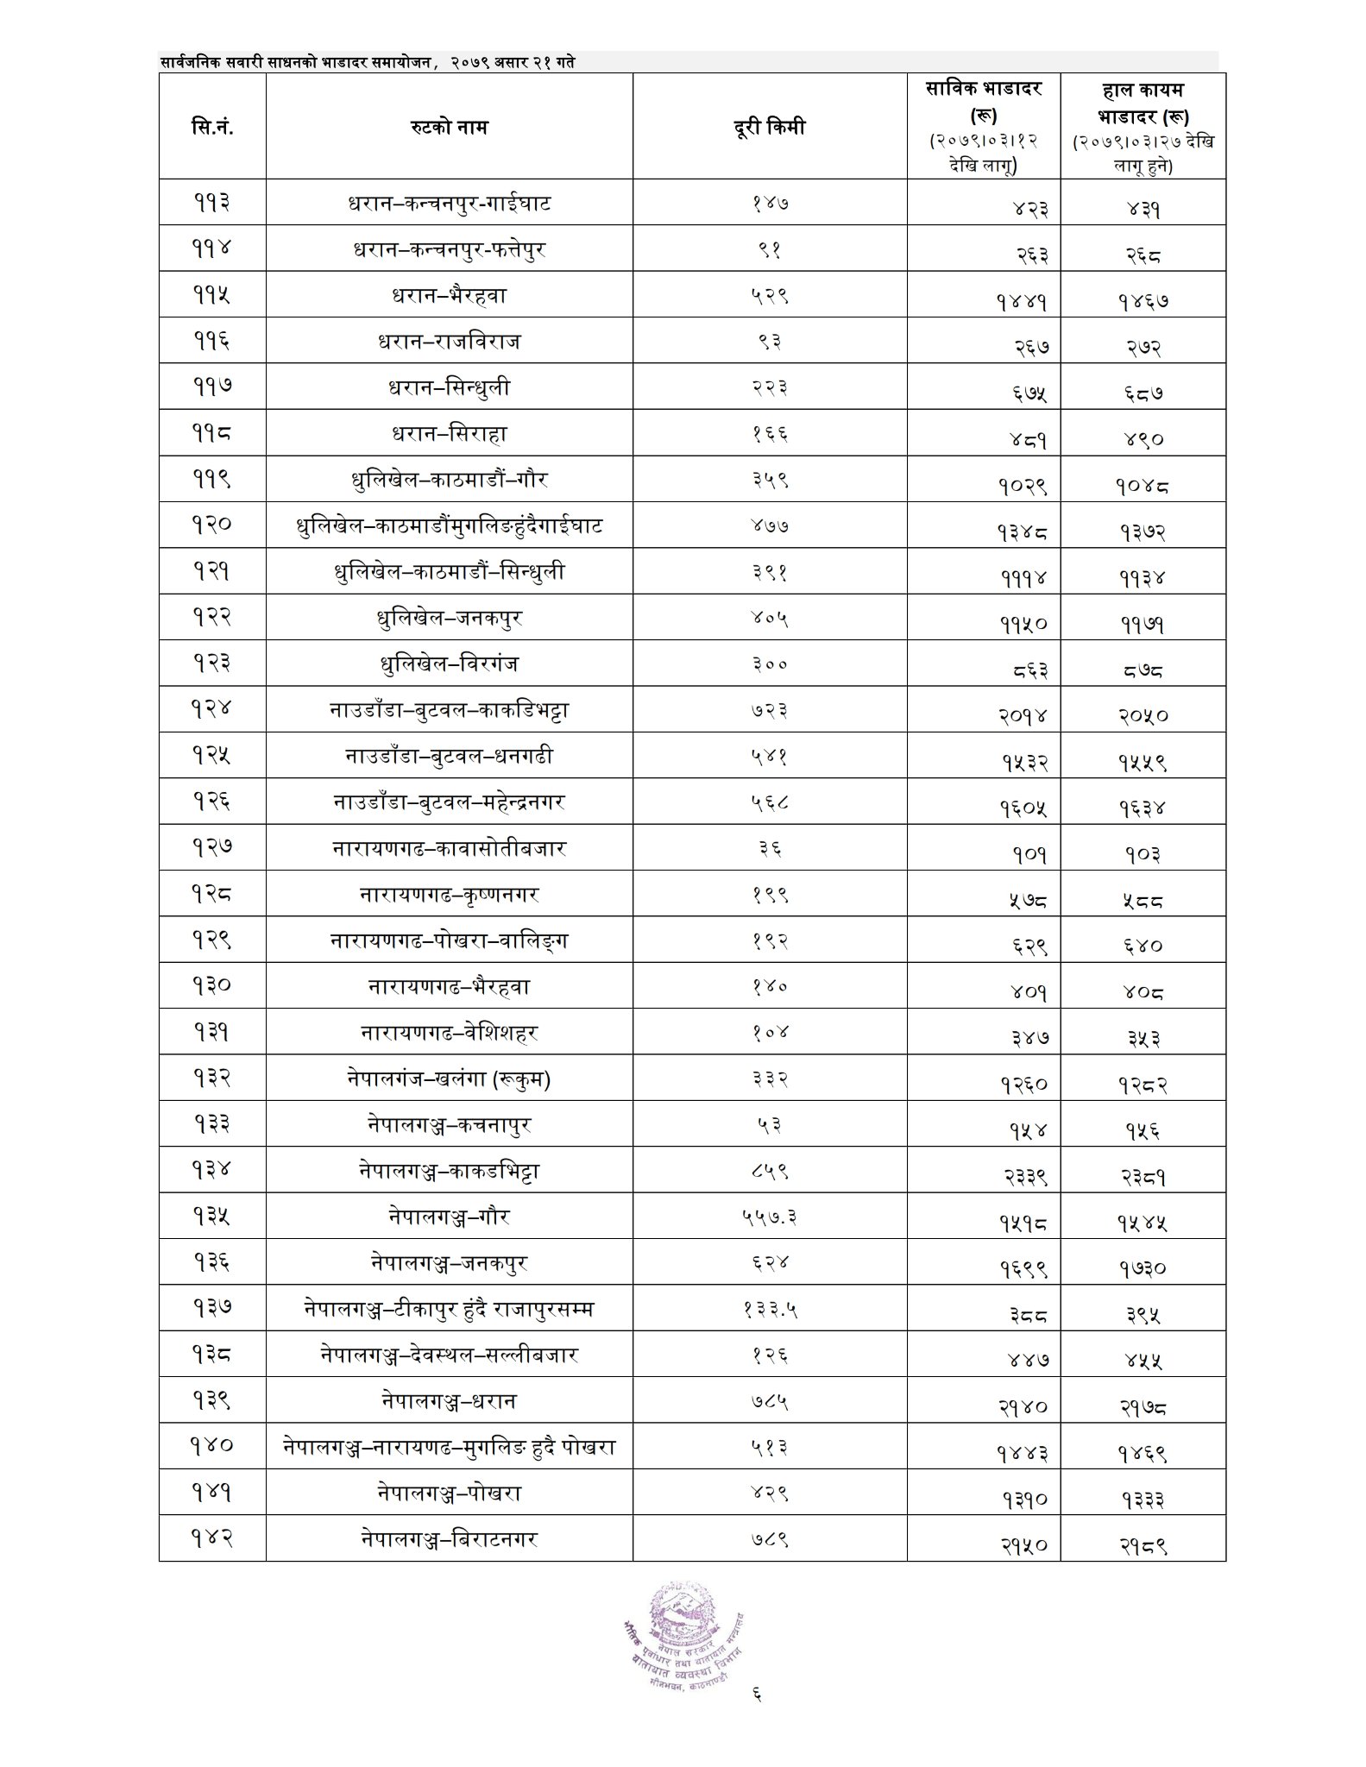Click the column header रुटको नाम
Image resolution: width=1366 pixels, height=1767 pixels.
[x=449, y=127]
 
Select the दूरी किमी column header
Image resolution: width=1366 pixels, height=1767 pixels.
[x=769, y=127]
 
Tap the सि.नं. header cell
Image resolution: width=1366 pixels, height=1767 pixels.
[x=212, y=127]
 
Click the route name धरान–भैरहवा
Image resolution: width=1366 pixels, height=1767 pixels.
[x=449, y=296]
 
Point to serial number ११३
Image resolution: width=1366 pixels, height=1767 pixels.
[x=211, y=204]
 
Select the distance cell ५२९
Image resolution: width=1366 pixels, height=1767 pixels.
[x=769, y=296]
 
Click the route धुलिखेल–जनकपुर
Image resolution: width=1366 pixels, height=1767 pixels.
[x=449, y=618]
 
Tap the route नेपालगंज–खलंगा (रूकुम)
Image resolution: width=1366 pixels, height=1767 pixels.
[x=449, y=1078]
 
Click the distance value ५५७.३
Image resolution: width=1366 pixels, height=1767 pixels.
[x=769, y=1217]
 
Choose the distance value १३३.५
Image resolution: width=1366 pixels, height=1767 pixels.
[x=769, y=1309]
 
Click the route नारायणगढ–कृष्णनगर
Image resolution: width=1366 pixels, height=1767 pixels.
[x=449, y=895]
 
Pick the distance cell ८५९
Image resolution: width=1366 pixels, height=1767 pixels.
[x=769, y=1171]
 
